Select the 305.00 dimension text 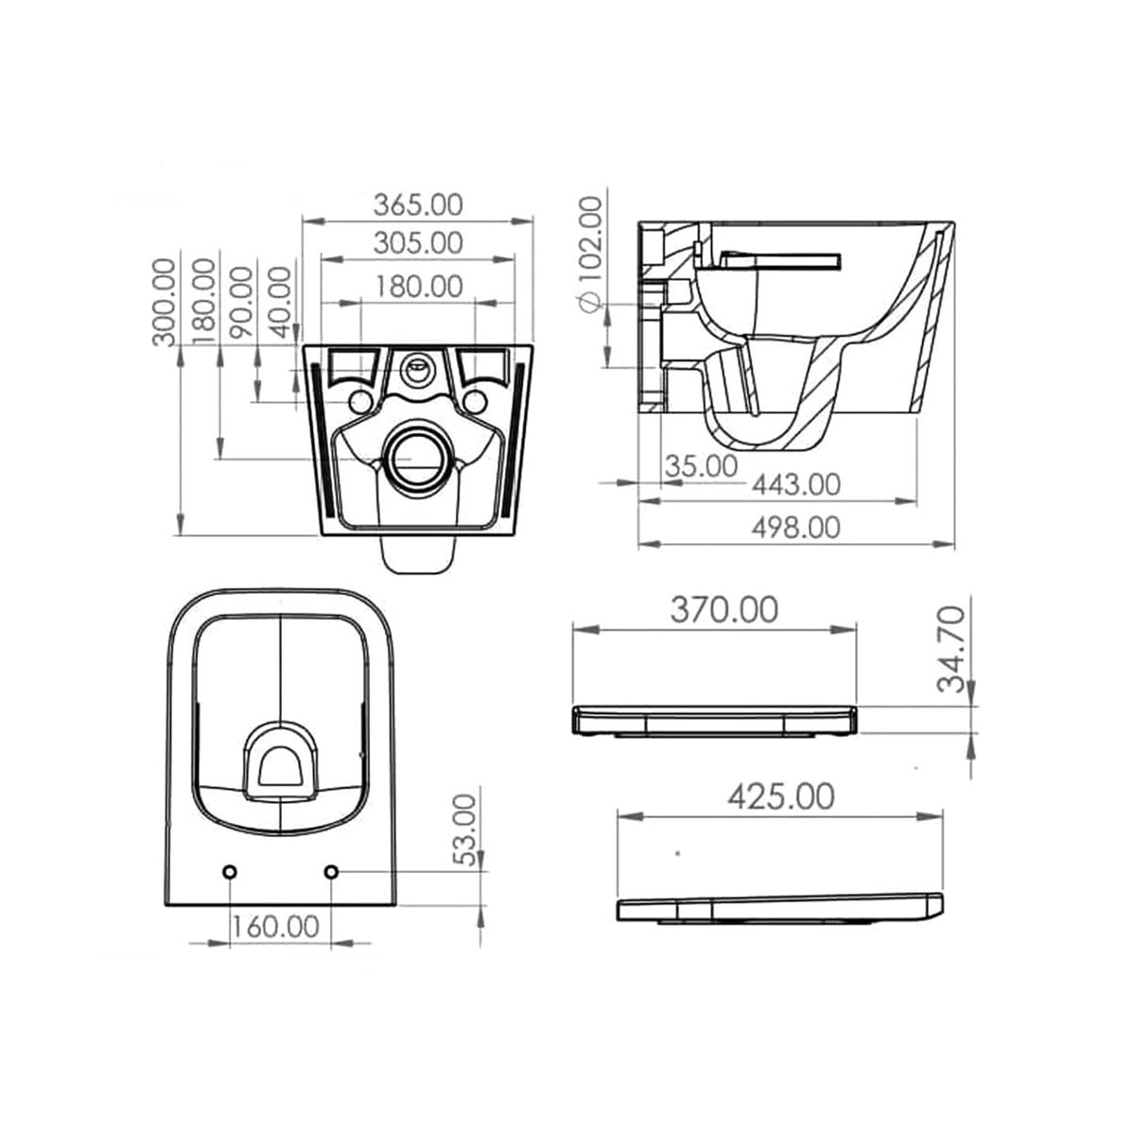pyautogui.click(x=418, y=243)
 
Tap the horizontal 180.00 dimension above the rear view pyautogui.click(x=418, y=285)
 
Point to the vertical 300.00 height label pyautogui.click(x=165, y=302)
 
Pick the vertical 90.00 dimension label pyautogui.click(x=242, y=302)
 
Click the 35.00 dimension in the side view pyautogui.click(x=702, y=465)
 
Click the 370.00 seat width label pyautogui.click(x=725, y=611)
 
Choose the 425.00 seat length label pyautogui.click(x=781, y=796)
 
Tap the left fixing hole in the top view pyautogui.click(x=230, y=871)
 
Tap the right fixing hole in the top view pyautogui.click(x=331, y=871)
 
